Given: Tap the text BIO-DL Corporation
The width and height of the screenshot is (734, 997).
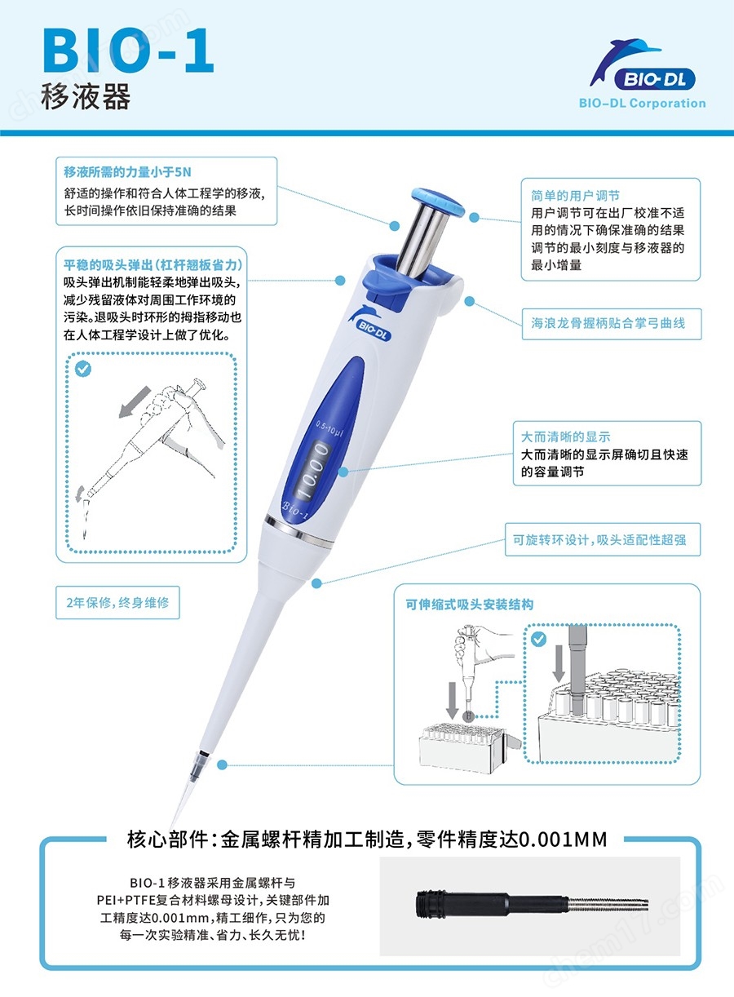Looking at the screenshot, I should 642,104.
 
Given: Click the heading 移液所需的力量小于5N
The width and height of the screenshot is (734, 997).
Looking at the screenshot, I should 128,172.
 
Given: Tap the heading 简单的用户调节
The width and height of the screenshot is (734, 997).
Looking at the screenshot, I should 575,196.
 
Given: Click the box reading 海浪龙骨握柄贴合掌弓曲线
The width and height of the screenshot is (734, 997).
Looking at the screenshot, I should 610,323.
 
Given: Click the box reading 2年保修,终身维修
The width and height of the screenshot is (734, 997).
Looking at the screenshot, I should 117,603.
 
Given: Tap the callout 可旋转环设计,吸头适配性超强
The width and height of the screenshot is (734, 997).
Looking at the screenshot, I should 602,540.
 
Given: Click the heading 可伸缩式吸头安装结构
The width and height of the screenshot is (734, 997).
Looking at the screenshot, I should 469,605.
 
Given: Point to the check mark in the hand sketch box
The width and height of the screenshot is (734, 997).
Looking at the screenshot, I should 82,370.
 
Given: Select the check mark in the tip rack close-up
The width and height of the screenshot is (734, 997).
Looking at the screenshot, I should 538,639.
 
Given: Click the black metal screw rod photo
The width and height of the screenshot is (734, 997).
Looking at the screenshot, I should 530,905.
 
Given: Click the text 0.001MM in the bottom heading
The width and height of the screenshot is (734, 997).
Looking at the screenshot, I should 563,839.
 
